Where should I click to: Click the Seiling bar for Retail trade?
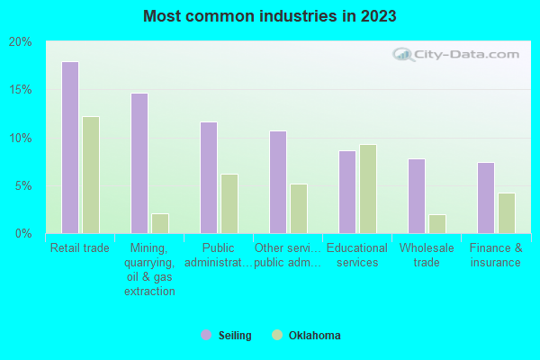[69, 148]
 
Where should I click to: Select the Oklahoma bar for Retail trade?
[91, 175]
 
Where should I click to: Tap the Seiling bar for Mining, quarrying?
[139, 163]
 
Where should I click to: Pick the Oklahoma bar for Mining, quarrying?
[160, 223]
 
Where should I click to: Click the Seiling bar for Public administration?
[208, 177]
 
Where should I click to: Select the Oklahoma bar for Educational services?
[368, 189]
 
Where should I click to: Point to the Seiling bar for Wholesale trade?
[416, 196]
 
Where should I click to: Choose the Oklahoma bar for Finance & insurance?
[507, 213]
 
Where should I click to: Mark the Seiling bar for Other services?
[277, 182]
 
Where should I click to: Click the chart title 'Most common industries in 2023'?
[269, 16]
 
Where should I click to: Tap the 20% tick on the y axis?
[20, 42]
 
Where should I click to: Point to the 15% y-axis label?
[20, 90]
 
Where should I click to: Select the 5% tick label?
[22, 186]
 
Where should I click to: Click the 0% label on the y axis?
[22, 234]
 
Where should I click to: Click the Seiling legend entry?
[226, 336]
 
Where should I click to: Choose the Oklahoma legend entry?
[306, 336]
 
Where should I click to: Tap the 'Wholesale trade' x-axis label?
[427, 256]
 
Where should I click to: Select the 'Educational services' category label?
[357, 256]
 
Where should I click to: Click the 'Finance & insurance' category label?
[495, 256]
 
